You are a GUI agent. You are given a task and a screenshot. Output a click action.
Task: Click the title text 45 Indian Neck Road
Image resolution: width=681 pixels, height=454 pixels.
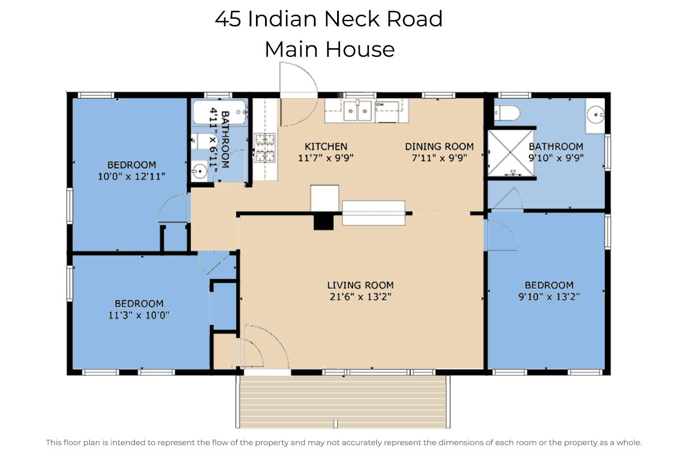coord(329,19)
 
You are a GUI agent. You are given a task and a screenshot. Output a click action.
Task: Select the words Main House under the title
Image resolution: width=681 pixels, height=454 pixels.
coord(329,49)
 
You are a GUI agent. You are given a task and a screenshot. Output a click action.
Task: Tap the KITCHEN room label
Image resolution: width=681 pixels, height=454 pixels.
coord(326,146)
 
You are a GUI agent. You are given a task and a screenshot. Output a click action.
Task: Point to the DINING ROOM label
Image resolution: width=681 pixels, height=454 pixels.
coord(439,146)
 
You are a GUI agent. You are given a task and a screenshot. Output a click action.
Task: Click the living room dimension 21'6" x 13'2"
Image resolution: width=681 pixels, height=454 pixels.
coord(360,296)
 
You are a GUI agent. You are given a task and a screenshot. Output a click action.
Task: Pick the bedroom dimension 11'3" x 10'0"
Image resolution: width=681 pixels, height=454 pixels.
coord(139,315)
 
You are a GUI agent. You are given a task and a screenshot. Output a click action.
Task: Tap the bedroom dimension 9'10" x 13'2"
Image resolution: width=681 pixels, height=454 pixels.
coord(549,296)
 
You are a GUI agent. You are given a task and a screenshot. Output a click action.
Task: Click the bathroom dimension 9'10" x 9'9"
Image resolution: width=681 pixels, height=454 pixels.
coord(556,158)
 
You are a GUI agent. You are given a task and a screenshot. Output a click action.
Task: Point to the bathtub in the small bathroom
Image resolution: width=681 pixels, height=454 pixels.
coord(219,112)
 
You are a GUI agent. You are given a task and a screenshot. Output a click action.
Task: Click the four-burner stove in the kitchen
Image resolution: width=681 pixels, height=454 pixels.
coord(264,148)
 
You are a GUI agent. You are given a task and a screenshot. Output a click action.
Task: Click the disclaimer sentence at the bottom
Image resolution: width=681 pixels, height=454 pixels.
coord(344,442)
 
